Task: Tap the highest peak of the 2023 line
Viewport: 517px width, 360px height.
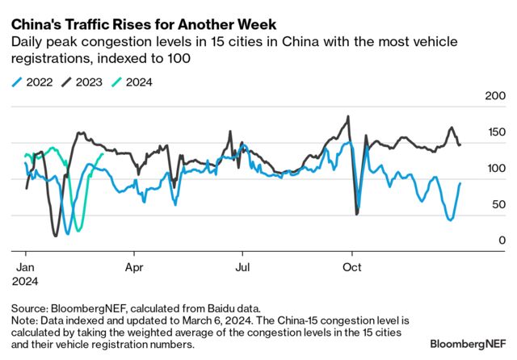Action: [x=348, y=116]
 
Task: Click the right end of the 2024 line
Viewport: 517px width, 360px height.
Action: [x=102, y=155]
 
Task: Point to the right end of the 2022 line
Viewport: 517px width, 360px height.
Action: [x=460, y=183]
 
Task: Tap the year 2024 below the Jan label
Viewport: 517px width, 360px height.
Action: [x=27, y=281]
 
